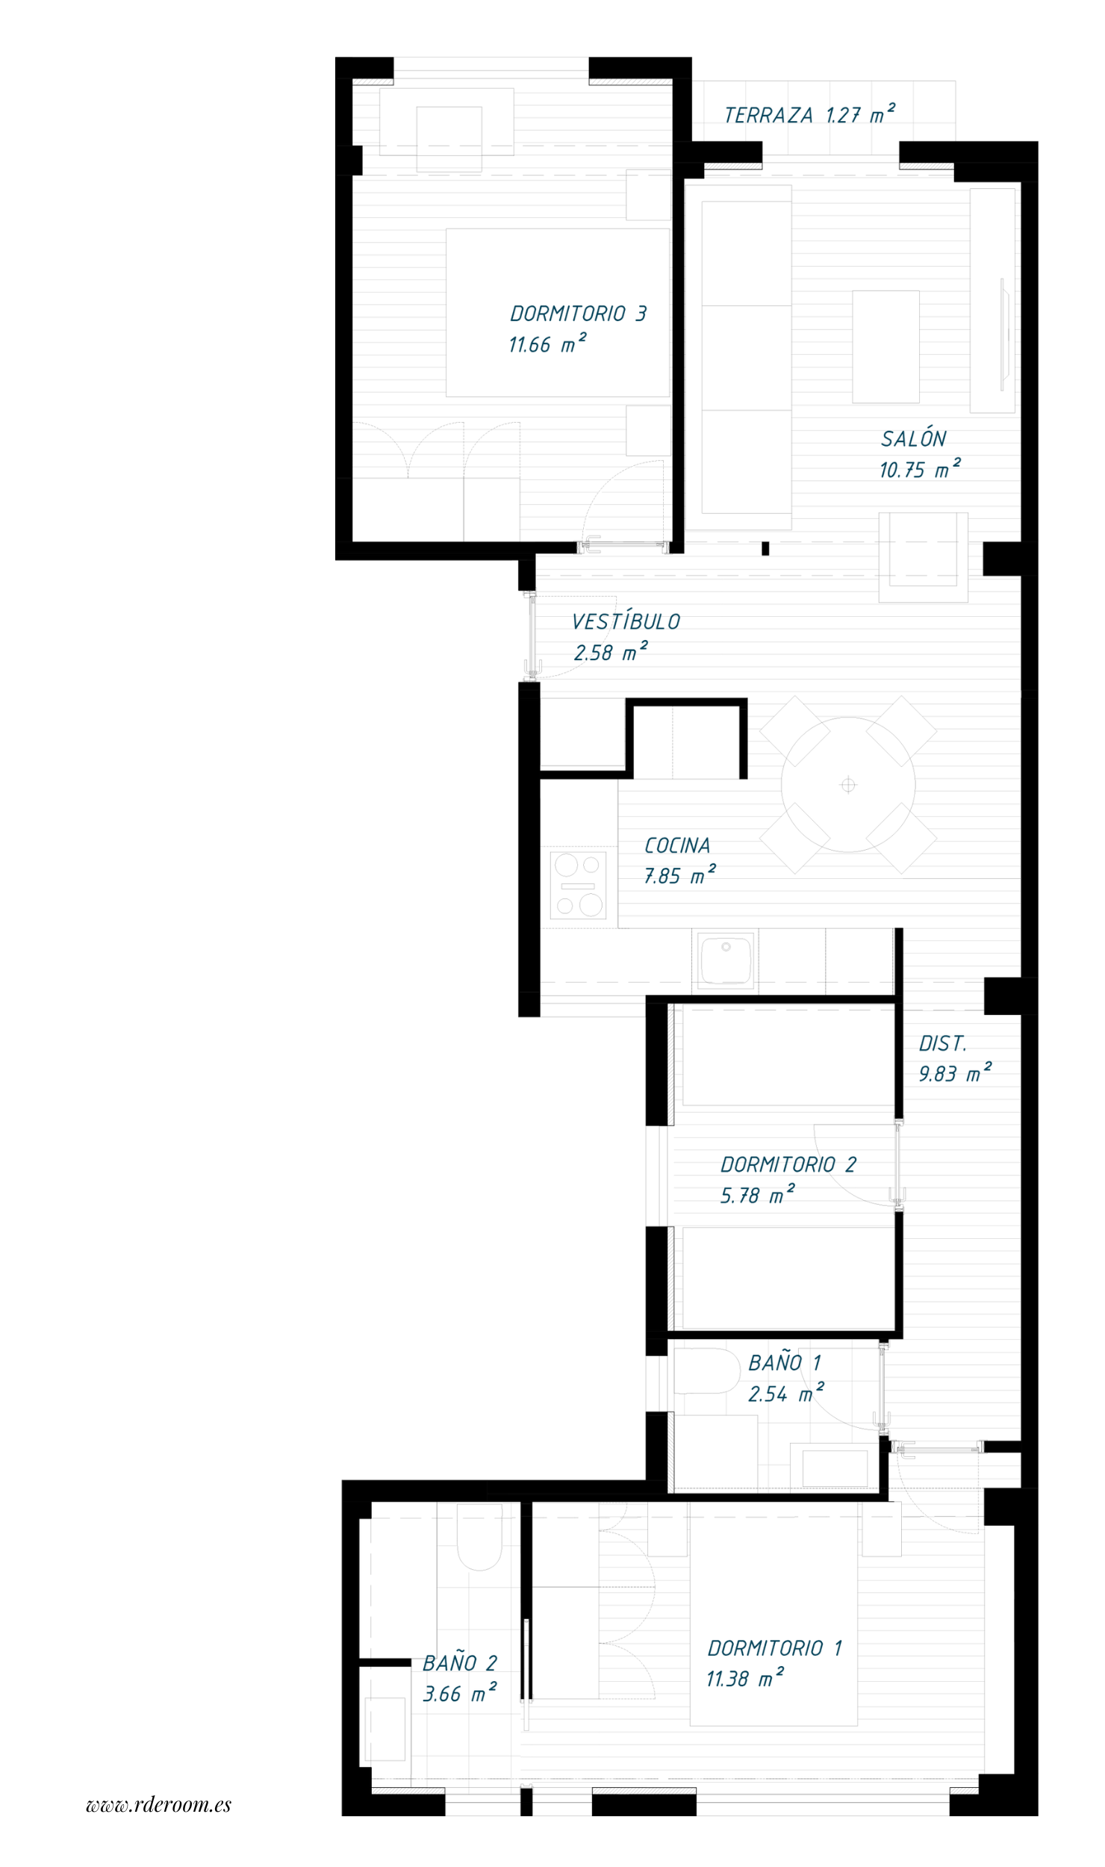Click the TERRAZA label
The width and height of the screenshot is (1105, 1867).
coord(768,115)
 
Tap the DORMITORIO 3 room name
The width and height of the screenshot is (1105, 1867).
coord(578,314)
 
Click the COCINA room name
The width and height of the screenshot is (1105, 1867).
coord(677,845)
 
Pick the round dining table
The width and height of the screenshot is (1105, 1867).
coord(848,785)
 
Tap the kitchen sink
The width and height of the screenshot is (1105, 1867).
coord(725,960)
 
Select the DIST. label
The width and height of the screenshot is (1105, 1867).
coord(942,1043)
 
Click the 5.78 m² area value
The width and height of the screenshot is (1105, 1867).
coord(757,1195)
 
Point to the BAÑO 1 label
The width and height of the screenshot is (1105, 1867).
coord(785,1363)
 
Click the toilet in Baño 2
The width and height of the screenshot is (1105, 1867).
coord(479,1537)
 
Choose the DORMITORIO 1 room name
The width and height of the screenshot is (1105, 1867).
coord(775,1648)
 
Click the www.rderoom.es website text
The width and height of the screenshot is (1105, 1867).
coord(159,1805)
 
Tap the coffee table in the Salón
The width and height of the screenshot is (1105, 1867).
coord(885,347)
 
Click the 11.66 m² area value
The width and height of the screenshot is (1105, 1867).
coord(547,344)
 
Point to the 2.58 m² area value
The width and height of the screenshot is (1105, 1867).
coord(611,652)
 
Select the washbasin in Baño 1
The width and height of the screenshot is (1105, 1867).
coord(835,1468)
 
